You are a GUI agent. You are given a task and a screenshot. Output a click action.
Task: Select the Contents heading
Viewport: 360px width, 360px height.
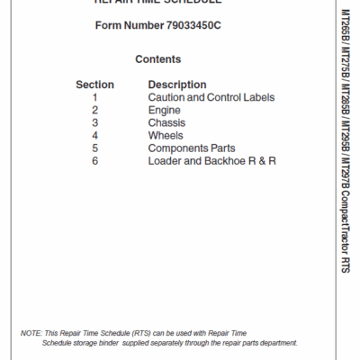157,59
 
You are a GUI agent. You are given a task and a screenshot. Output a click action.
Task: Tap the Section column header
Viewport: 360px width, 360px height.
94,85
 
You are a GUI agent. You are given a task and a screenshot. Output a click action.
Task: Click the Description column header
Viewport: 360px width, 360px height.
177,85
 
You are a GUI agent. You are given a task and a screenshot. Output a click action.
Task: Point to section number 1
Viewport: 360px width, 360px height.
94,97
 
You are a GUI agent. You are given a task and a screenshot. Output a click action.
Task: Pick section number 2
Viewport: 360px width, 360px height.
94,110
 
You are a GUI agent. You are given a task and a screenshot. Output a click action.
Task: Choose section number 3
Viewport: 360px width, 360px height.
94,122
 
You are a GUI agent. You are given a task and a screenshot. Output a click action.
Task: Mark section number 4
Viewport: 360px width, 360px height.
94,136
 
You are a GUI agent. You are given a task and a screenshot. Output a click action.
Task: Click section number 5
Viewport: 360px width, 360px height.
94,148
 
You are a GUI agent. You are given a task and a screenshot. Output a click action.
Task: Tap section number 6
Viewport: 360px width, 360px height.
94,161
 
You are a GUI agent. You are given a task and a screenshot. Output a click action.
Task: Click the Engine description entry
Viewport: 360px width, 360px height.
165,110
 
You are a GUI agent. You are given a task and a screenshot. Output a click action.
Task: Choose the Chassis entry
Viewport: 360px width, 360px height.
167,122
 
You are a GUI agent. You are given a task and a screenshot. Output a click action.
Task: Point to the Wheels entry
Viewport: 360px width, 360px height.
166,136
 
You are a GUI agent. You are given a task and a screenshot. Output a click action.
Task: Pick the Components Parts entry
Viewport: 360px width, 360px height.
192,148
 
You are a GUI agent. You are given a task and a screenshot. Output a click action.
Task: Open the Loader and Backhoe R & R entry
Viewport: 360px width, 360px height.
211,161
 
